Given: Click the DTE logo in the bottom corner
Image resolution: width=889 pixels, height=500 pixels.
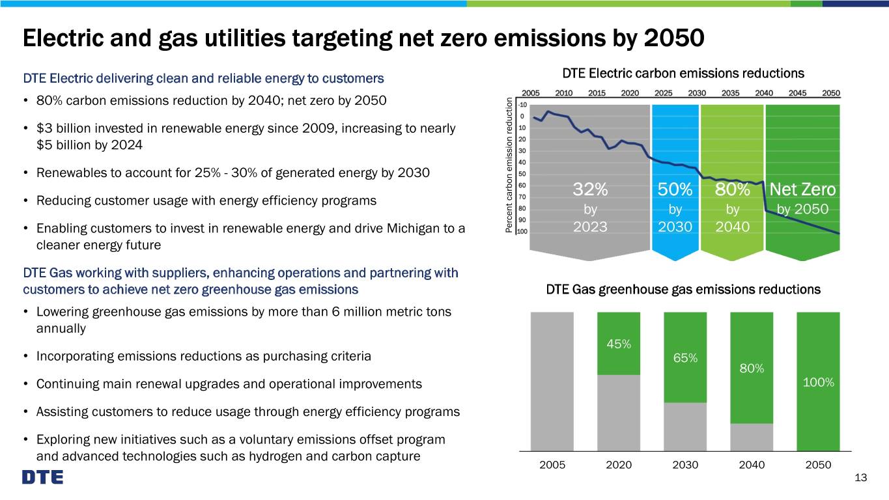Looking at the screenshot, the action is tap(42, 477).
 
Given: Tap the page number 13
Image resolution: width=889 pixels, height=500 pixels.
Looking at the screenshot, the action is tap(860, 477).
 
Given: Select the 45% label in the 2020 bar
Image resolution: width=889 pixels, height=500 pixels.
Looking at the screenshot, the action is tap(619, 344).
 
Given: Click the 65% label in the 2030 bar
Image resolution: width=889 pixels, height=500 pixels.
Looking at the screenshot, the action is tap(685, 358).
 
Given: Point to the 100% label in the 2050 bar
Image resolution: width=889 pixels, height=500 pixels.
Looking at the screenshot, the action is tap(818, 382).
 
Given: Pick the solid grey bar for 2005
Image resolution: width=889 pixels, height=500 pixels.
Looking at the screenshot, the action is tap(552, 382).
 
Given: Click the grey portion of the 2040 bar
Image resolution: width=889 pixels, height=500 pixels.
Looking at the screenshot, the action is tap(752, 437).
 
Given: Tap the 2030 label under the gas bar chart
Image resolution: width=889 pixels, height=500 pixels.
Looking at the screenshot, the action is tap(685, 465).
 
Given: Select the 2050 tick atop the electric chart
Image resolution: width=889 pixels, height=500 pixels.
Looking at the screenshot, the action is tap(831, 93).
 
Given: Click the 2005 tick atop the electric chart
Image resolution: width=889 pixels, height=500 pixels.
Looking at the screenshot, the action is tap(531, 93).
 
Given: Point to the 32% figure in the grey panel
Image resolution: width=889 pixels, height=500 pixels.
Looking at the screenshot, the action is tap(590, 189).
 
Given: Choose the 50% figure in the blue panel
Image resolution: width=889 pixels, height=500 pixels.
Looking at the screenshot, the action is tap(675, 189).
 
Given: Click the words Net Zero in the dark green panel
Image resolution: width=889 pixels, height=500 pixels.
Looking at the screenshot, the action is tap(802, 189).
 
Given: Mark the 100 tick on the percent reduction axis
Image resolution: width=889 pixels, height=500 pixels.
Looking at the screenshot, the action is tap(522, 232).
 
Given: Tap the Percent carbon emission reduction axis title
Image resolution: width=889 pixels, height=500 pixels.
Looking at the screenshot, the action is tap(509, 165).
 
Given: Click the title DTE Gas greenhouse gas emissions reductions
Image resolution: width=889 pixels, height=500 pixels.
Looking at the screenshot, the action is tap(683, 290).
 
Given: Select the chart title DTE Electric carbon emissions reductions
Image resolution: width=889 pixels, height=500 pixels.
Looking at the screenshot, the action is tap(683, 74).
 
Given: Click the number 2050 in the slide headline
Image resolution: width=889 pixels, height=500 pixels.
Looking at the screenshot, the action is tap(674, 38).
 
